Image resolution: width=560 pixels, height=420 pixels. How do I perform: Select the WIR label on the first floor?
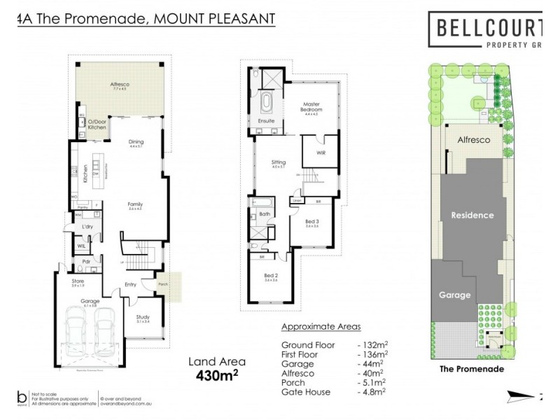tap(321, 152)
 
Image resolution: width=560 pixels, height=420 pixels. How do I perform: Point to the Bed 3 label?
tap(312, 221)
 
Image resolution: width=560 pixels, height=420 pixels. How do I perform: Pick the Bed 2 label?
tap(269, 277)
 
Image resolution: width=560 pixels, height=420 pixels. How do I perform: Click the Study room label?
tap(143, 317)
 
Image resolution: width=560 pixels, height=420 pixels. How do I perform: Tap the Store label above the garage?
tap(78, 281)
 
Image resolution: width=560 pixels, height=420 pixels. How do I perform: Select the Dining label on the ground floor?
tap(136, 142)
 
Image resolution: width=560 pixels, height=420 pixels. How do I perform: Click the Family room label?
tap(135, 204)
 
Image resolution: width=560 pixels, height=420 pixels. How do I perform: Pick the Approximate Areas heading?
tap(321, 327)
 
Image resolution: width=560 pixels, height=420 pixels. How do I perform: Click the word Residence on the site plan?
tap(472, 215)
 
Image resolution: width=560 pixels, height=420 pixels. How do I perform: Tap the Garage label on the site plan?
tap(454, 295)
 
